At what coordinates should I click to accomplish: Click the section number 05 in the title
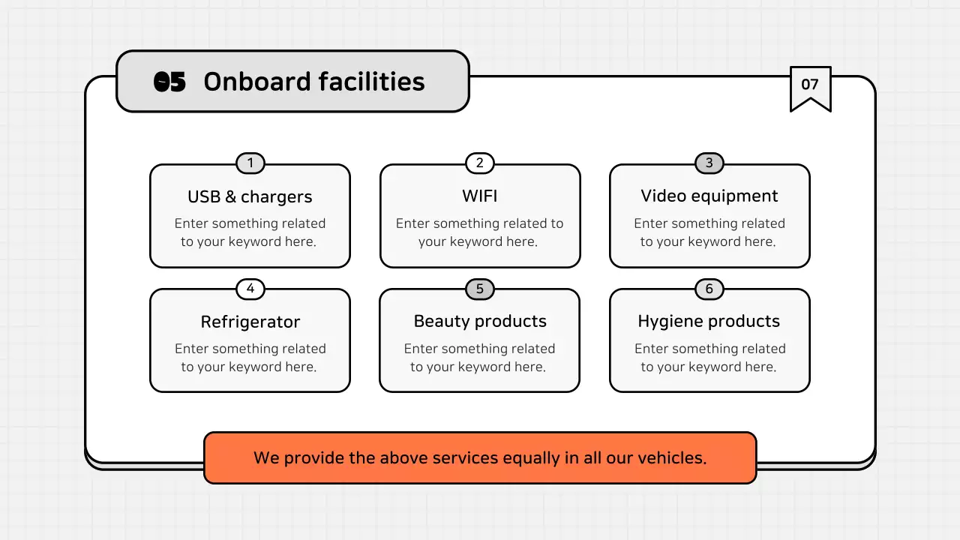pyautogui.click(x=169, y=82)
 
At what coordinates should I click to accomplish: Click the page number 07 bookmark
pyautogui.click(x=810, y=85)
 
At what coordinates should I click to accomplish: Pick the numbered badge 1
pyautogui.click(x=250, y=163)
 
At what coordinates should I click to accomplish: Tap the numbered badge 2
pyautogui.click(x=480, y=163)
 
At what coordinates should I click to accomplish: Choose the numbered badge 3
pyautogui.click(x=709, y=163)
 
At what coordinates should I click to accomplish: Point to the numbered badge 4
pyautogui.click(x=250, y=289)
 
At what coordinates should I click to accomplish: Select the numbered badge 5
pyautogui.click(x=480, y=289)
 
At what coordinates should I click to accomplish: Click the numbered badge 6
pyautogui.click(x=709, y=289)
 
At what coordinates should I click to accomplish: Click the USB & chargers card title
pyautogui.click(x=250, y=197)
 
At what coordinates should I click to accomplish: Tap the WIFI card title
pyautogui.click(x=480, y=196)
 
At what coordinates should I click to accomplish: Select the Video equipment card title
pyautogui.click(x=709, y=196)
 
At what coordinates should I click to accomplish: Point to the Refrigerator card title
pyautogui.click(x=250, y=322)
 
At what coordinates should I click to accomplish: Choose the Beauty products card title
pyautogui.click(x=480, y=322)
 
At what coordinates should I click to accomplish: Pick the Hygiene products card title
pyautogui.click(x=709, y=322)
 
